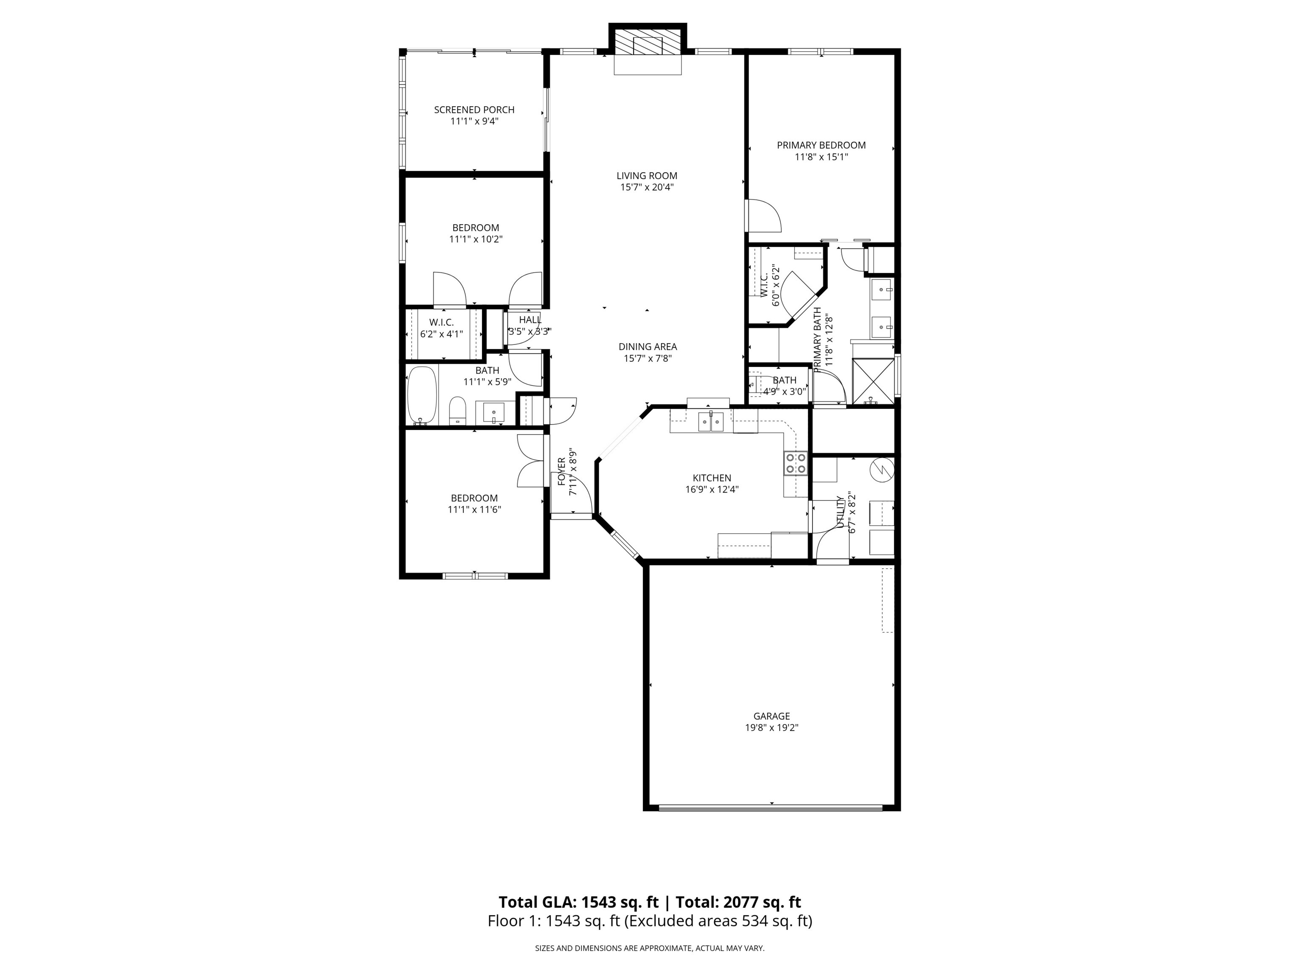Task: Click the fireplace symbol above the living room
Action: pos(647,45)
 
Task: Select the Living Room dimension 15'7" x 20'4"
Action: pos(647,187)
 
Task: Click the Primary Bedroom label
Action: pos(821,145)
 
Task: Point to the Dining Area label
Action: pos(647,347)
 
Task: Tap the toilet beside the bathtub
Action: pos(457,410)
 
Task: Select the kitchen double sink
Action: pos(711,422)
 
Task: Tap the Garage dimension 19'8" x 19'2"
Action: pos(771,727)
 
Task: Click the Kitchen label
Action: pos(712,478)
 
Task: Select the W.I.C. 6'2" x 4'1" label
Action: pos(441,328)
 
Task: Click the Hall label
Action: pos(529,320)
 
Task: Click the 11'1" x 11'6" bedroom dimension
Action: pos(474,510)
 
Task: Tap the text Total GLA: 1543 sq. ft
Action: pos(578,902)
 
